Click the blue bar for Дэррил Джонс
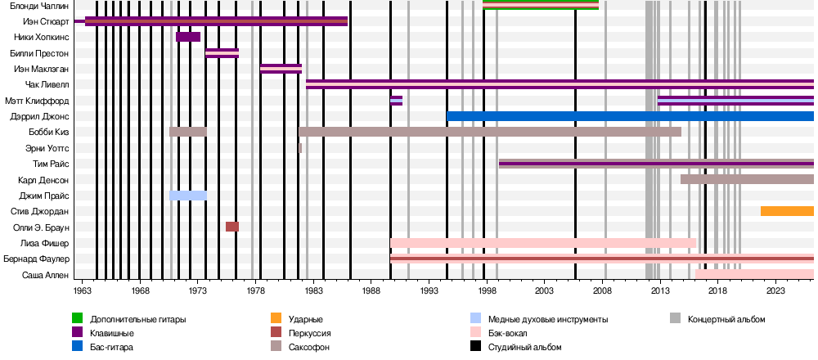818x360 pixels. pos(630,116)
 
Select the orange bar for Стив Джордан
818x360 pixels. pos(787,211)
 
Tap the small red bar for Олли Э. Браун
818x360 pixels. pos(232,227)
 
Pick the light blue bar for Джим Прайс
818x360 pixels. pos(188,196)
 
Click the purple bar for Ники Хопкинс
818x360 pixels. pos(188,37)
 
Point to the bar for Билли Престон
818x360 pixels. pos(222,53)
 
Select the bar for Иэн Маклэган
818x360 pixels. pos(281,69)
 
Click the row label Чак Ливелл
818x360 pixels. pos(47,84)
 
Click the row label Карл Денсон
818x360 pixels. pos(43,179)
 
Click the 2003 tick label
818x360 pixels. pos(544,290)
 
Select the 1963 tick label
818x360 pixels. pos(83,290)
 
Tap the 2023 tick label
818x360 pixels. pos(775,290)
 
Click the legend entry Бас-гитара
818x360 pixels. pos(114,347)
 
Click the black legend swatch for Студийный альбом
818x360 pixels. pos(476,347)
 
